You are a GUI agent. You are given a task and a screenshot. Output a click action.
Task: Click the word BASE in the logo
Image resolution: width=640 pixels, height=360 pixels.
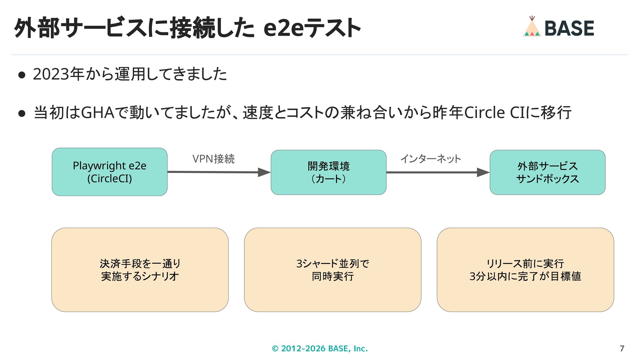[569, 28]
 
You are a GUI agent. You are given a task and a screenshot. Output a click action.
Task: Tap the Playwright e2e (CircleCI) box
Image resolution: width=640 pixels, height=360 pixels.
[110, 172]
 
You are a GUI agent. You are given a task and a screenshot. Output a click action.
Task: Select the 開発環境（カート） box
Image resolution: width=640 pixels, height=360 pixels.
[329, 172]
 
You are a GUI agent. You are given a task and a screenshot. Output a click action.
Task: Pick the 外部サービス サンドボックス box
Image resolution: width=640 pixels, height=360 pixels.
[548, 172]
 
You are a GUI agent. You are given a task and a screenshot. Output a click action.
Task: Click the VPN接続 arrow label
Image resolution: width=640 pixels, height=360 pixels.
[214, 159]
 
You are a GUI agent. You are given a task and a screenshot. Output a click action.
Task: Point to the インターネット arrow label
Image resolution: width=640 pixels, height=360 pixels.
[431, 159]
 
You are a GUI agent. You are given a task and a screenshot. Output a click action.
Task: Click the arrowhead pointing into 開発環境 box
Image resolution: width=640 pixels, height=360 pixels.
[264, 172]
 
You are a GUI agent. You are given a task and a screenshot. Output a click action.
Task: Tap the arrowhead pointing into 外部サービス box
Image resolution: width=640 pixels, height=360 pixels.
[483, 172]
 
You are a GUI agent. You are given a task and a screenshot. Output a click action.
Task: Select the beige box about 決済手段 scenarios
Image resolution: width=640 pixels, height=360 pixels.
[140, 270]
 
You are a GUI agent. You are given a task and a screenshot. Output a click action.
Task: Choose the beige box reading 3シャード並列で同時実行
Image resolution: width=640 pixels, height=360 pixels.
[333, 270]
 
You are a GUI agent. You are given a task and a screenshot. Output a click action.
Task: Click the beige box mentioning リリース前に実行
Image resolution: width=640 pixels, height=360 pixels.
[525, 270]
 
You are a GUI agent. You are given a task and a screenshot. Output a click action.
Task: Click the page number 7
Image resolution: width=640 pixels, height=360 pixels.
[622, 349]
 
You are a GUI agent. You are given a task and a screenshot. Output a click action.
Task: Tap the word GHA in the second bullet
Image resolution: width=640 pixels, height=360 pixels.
[98, 113]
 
